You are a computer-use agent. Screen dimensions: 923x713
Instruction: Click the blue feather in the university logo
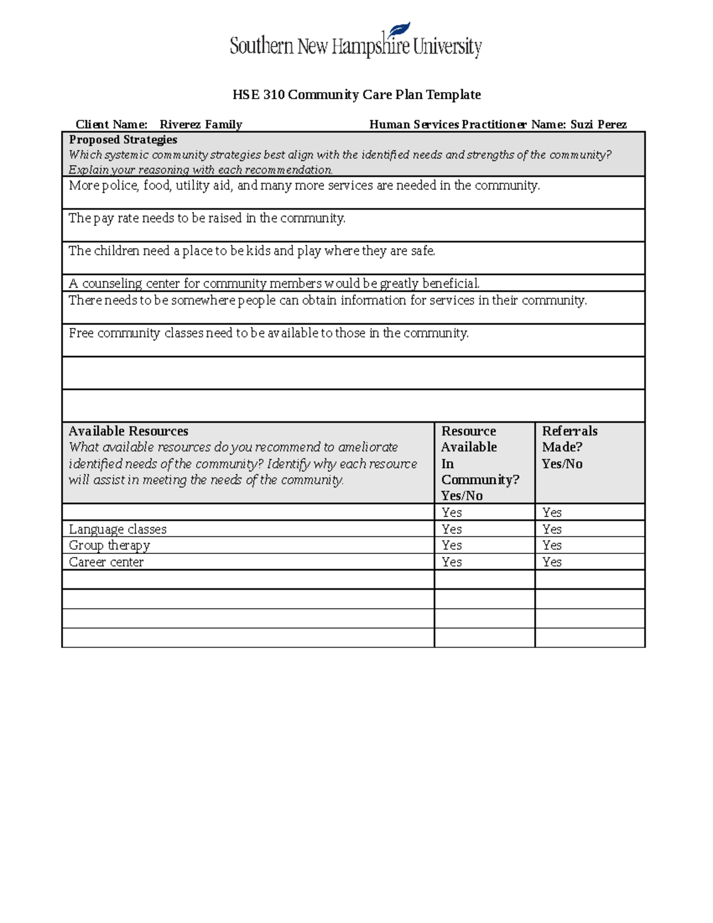[399, 29]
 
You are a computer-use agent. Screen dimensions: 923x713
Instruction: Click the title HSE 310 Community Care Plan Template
[356, 94]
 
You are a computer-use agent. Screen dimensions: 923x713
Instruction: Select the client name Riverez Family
[201, 124]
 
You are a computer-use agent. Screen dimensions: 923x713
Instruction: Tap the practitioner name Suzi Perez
[598, 124]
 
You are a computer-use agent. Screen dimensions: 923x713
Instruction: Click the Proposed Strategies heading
[123, 140]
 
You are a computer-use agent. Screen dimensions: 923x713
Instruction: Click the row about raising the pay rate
[207, 218]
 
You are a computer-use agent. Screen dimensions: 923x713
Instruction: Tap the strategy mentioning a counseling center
[274, 283]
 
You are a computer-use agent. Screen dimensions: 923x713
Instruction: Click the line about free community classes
[269, 333]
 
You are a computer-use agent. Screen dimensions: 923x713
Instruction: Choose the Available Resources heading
[128, 431]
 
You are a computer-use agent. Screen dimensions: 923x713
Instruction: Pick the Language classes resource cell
[118, 529]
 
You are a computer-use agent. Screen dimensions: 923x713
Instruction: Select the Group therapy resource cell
[109, 545]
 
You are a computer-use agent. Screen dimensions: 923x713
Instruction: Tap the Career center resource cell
[106, 562]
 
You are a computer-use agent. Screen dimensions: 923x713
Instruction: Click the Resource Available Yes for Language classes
[452, 529]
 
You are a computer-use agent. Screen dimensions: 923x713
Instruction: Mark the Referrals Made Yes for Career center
[552, 562]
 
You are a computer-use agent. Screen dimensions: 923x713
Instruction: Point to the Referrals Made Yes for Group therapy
[552, 545]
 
